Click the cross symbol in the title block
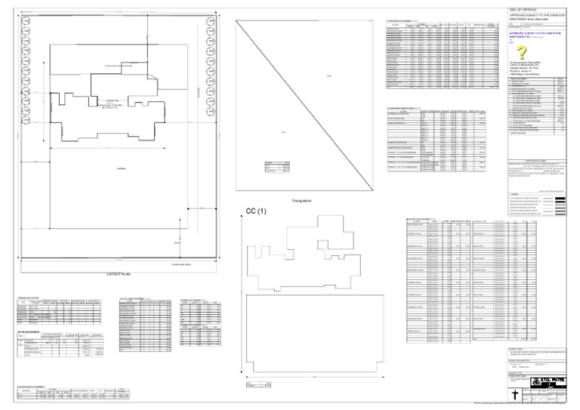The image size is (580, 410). pos(514,395)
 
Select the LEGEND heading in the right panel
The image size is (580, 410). pos(514,193)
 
